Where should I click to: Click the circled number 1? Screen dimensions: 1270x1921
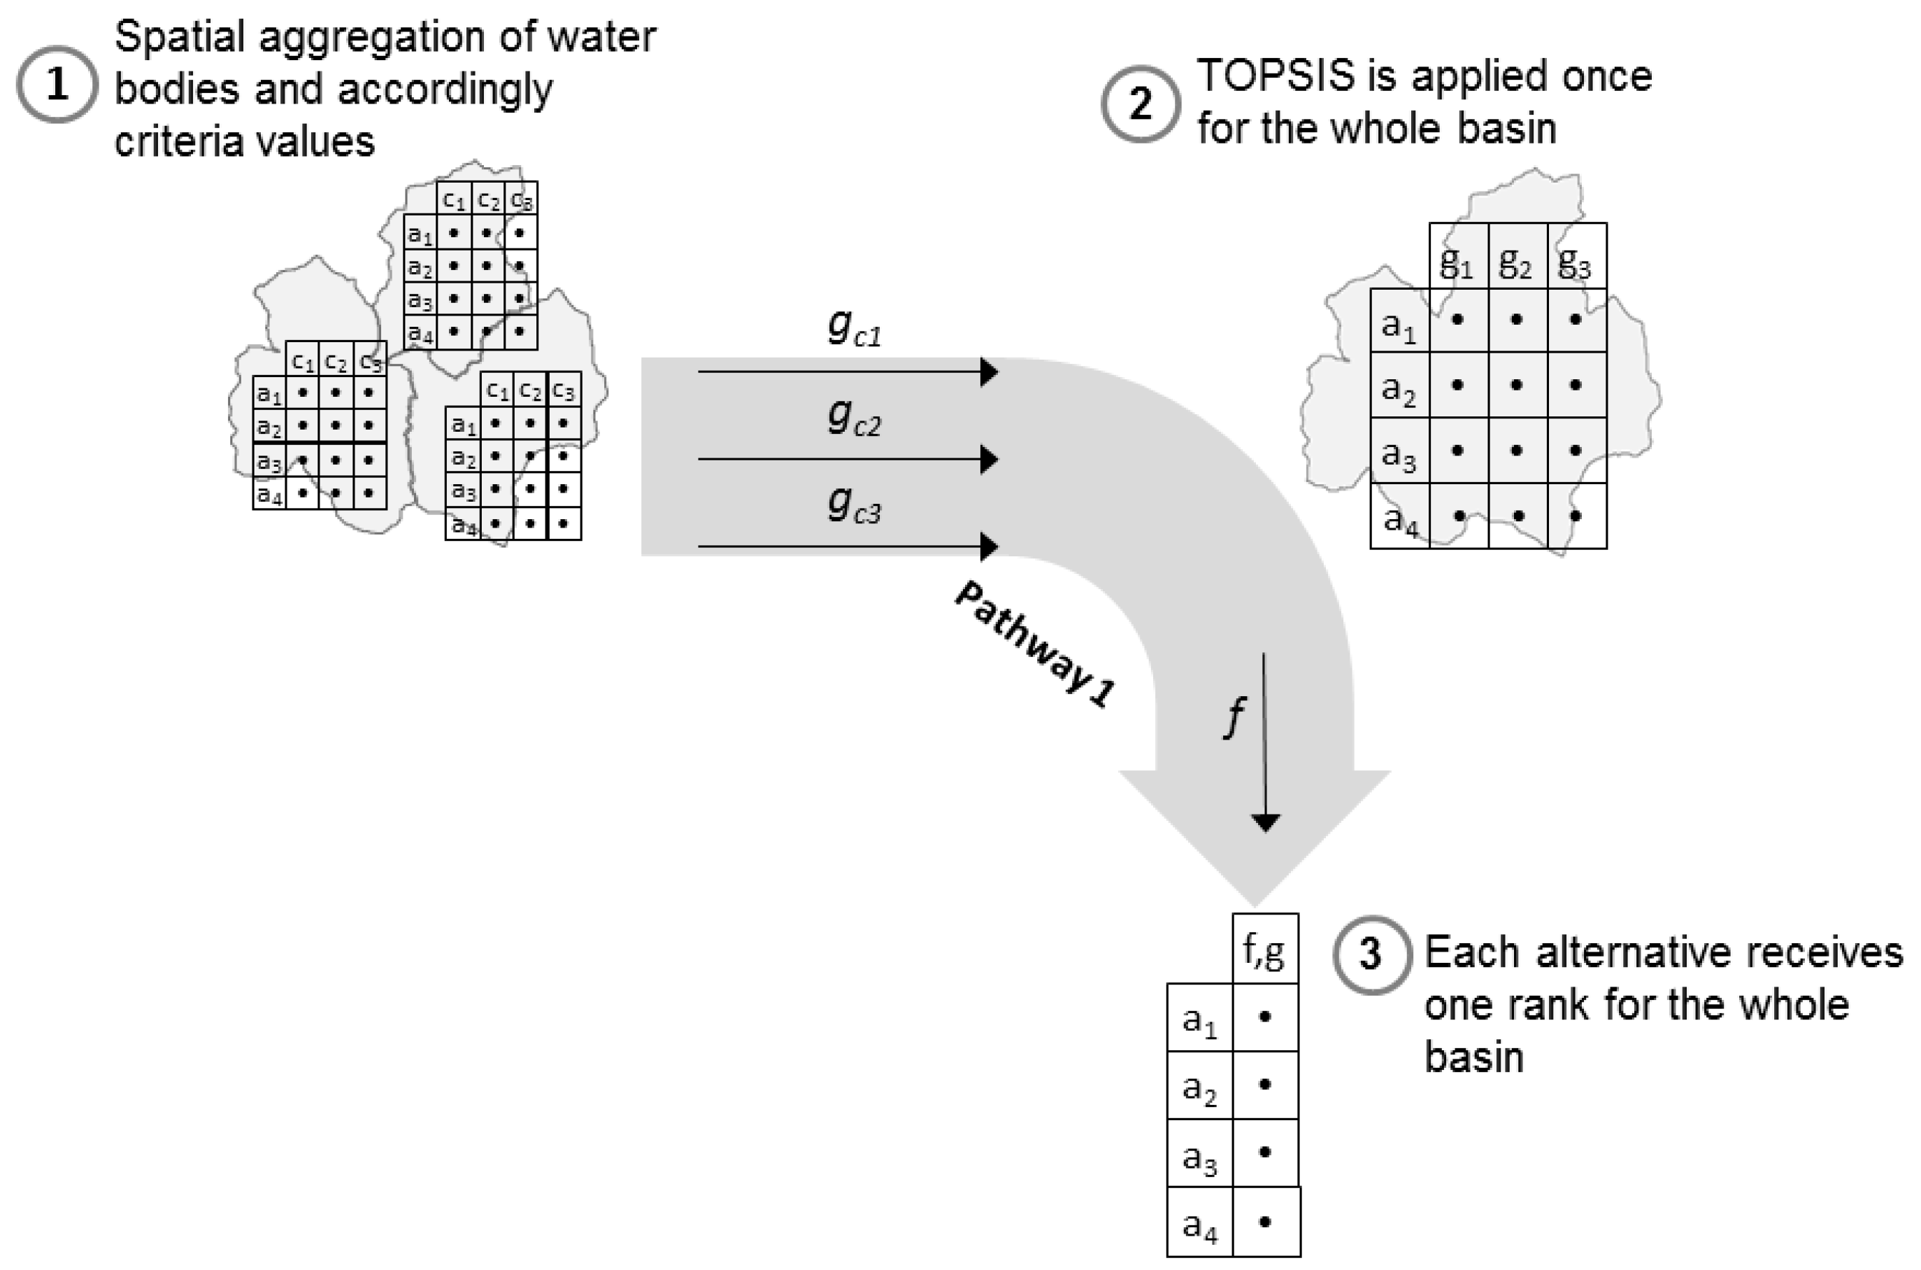[x=57, y=84]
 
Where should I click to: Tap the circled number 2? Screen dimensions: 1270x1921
[x=1140, y=104]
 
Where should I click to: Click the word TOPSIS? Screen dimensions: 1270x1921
[x=1274, y=76]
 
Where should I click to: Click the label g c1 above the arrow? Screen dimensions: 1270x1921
[x=853, y=327]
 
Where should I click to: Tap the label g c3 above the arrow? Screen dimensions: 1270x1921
[x=853, y=504]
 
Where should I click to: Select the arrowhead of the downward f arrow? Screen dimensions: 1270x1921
[x=1265, y=822]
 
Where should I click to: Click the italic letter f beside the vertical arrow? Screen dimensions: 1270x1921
[x=1233, y=716]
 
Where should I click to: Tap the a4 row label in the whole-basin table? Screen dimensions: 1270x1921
[x=1400, y=519]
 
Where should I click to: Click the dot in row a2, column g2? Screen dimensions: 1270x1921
[x=1516, y=385]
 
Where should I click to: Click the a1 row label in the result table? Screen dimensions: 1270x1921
[x=1199, y=1020]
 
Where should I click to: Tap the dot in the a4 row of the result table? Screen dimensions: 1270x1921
[x=1265, y=1222]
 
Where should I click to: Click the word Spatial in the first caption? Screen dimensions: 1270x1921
[x=180, y=37]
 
